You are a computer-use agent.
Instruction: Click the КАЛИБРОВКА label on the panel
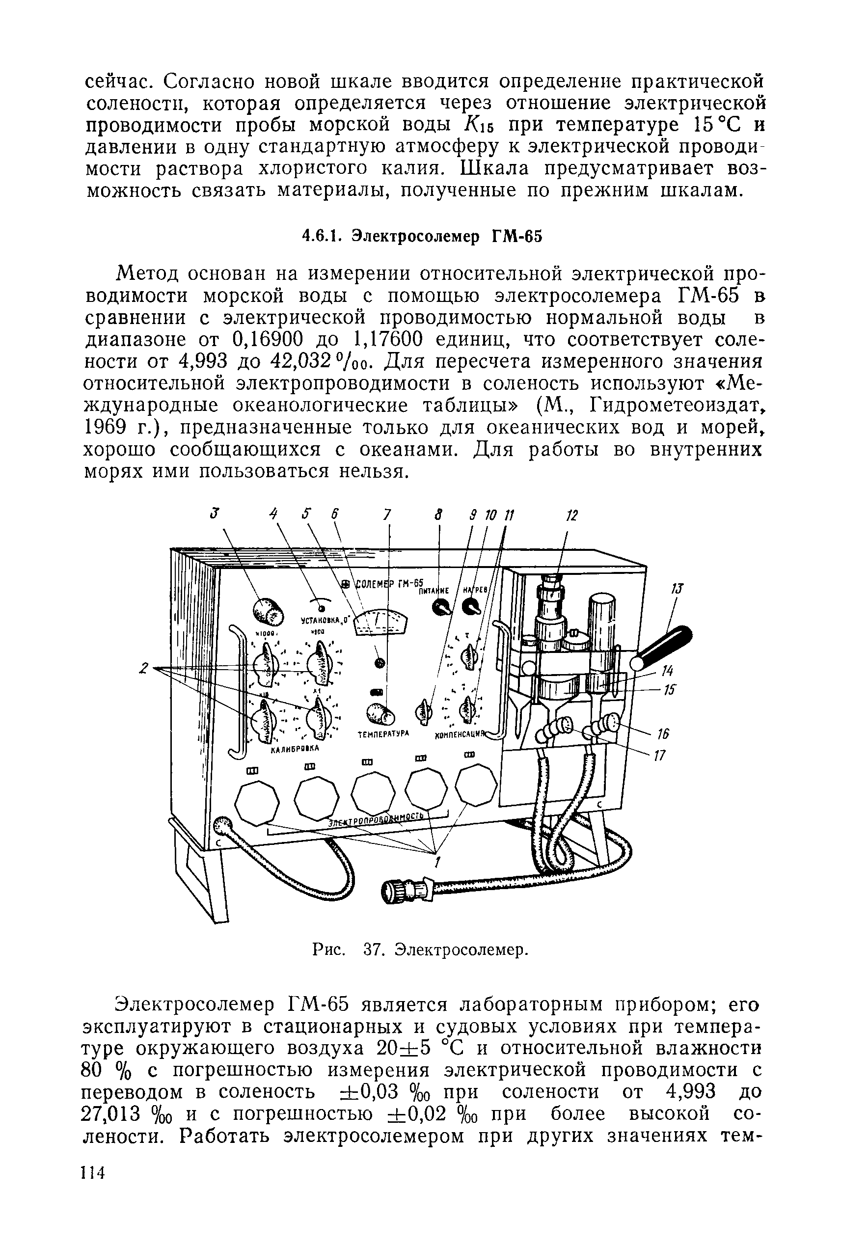[x=295, y=749]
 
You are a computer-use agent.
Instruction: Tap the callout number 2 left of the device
[x=143, y=668]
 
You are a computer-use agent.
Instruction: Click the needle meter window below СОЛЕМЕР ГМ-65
[x=381, y=622]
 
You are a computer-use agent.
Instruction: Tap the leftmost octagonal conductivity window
[x=257, y=803]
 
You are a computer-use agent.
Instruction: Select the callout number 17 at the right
[x=660, y=756]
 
